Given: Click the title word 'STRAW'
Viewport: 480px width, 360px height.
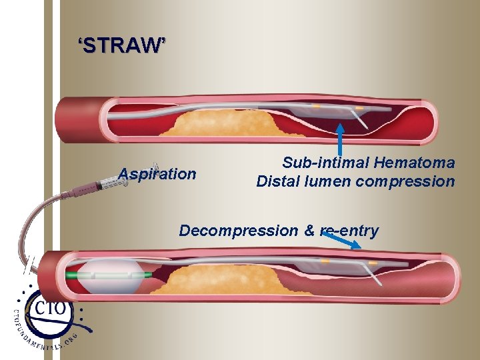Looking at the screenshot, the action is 120,46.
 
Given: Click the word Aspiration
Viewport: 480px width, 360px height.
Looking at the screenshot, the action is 157,175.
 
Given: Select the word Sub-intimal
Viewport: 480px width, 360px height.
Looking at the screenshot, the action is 325,163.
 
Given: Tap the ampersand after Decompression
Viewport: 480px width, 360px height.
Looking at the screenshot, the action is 309,231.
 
